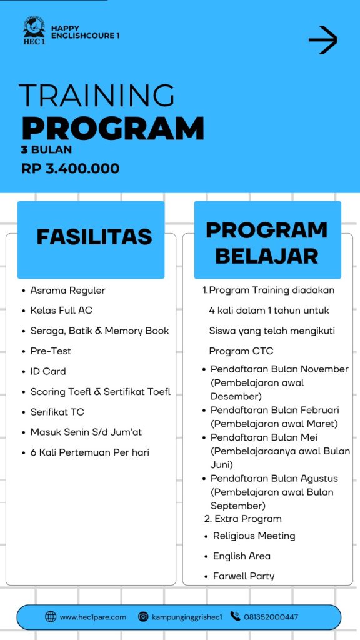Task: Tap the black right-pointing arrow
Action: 322,41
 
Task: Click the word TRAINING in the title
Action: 97,96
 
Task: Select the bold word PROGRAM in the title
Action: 113,127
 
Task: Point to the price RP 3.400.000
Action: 70,168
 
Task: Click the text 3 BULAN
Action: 46,149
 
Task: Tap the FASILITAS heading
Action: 94,237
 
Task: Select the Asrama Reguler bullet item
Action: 67,290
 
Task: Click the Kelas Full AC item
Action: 61,310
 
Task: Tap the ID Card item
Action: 48,371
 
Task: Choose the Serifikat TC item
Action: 57,412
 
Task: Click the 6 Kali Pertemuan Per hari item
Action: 89,452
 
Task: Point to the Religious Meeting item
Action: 254,536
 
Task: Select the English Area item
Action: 241,556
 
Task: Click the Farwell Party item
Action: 243,576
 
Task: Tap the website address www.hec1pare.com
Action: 92,617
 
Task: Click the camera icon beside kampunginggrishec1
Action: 143,617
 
